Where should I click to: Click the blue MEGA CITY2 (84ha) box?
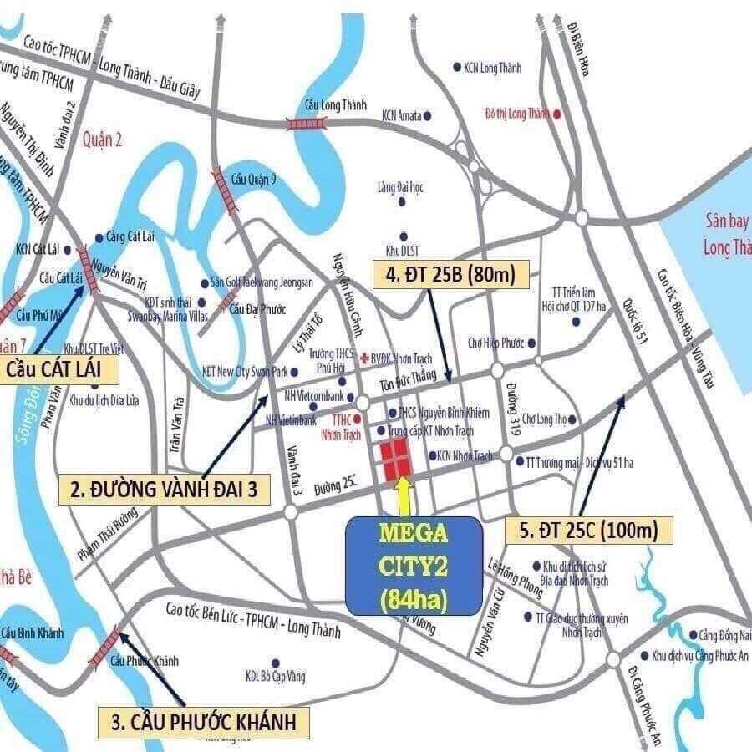coord(414,565)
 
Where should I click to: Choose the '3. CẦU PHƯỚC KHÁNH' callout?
coord(198,720)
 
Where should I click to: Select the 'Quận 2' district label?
coord(103,140)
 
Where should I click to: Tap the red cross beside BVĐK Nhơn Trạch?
coord(364,357)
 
